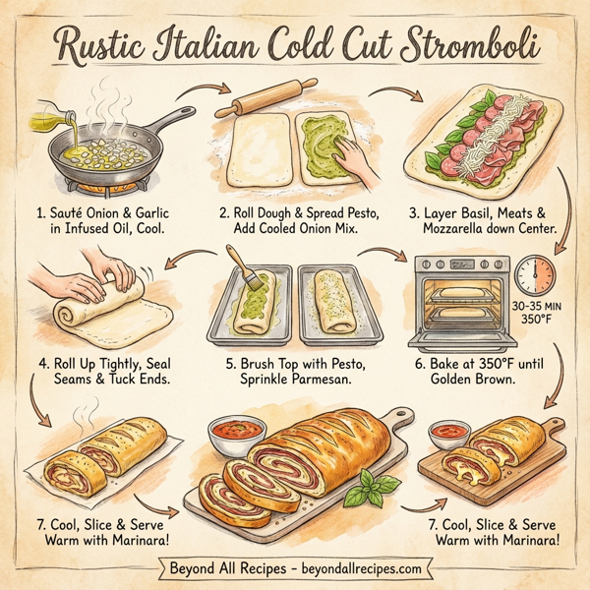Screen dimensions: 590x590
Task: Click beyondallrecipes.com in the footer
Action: [x=358, y=568]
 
